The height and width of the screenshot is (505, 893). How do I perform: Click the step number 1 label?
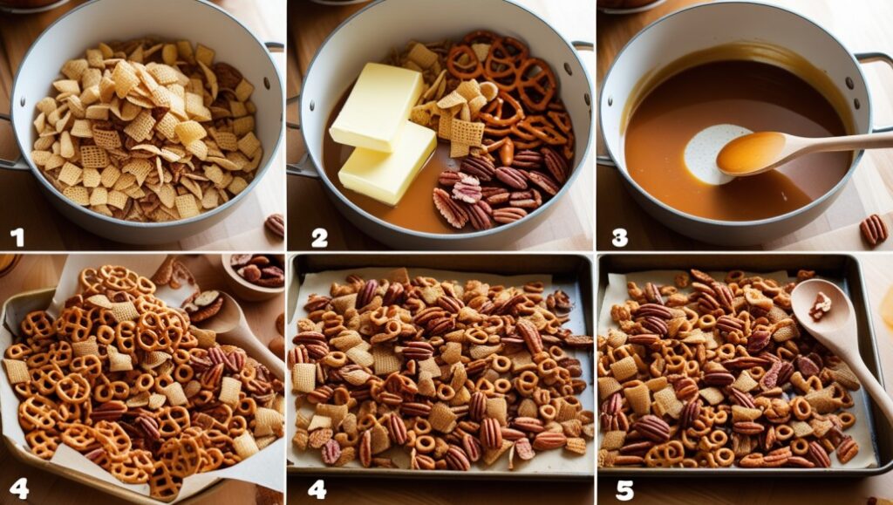[17, 237]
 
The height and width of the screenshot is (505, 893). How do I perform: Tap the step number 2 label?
[319, 237]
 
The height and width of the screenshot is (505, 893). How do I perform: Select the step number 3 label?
[620, 237]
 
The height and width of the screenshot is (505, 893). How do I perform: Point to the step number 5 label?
[624, 489]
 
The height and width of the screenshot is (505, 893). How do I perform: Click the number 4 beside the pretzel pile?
[19, 489]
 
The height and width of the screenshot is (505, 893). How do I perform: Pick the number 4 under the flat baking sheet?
[317, 489]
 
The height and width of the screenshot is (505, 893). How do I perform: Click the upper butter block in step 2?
[376, 106]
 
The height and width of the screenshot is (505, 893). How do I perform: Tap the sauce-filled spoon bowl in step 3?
[751, 153]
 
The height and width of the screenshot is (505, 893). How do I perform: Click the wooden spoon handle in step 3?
[840, 141]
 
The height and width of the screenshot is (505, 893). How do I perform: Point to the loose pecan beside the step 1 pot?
[275, 225]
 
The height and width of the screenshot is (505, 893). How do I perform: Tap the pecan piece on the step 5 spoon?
[820, 306]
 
